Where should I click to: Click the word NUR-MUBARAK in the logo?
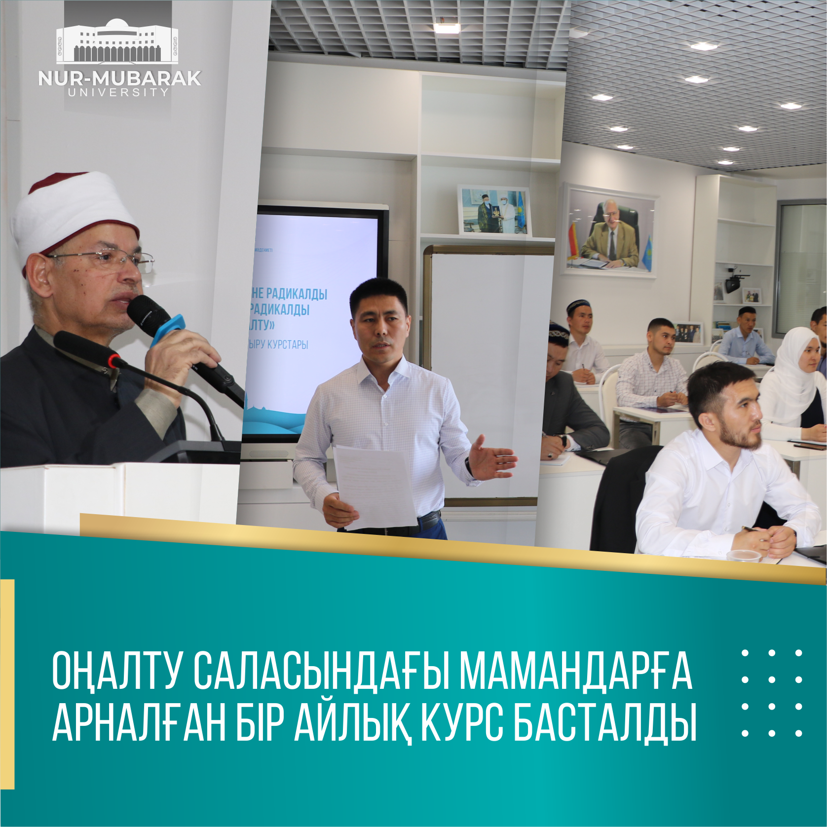tap(119, 78)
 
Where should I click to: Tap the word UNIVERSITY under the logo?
tap(119, 92)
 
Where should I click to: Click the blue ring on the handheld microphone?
tap(168, 329)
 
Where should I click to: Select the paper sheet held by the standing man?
tap(375, 486)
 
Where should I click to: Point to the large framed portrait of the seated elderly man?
tap(610, 232)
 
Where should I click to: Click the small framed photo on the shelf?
tap(494, 211)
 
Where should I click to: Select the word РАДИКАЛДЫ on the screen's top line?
tap(296, 294)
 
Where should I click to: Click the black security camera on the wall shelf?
tap(733, 283)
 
